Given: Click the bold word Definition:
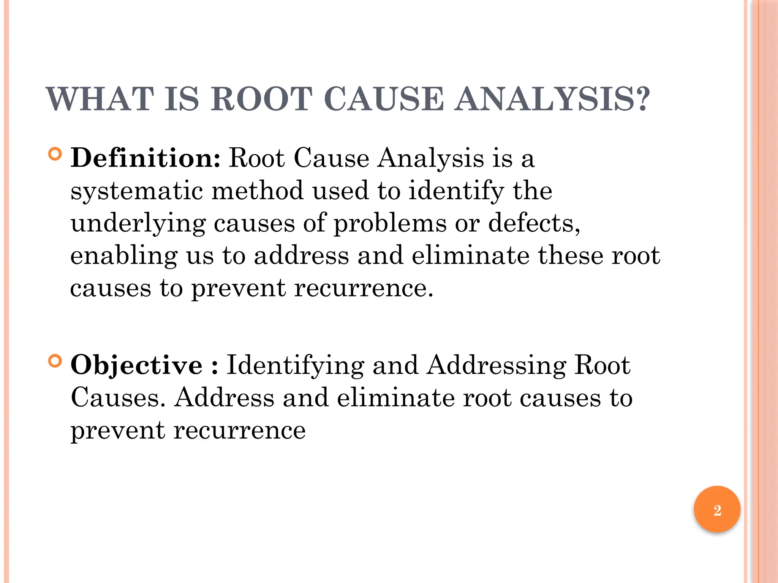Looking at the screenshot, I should (145, 158).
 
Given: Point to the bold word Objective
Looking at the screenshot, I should (137, 365).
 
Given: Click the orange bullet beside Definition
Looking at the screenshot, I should (55, 154).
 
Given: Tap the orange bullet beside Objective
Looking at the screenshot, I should (55, 361).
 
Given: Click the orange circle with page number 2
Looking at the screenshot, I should (717, 510).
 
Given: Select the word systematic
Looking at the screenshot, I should (137, 191).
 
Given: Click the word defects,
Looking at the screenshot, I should (534, 223).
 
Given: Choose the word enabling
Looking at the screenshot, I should (124, 256).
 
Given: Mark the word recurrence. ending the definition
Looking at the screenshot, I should (364, 288).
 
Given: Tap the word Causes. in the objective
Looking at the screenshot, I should (118, 397).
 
